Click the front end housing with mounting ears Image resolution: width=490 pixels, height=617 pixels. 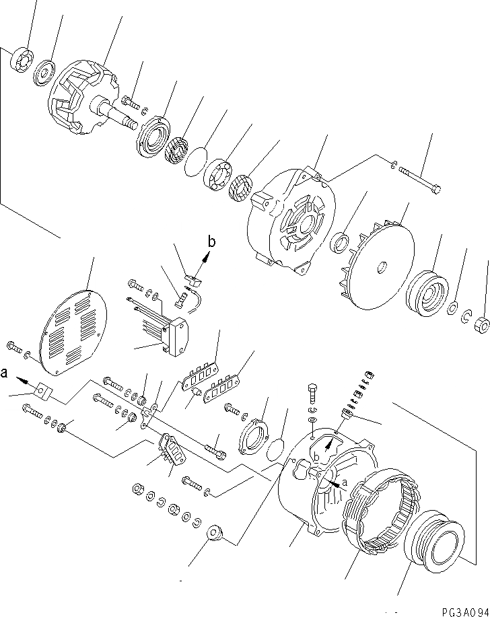pos(293,218)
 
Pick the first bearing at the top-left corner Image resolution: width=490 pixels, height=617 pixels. pos(23,59)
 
